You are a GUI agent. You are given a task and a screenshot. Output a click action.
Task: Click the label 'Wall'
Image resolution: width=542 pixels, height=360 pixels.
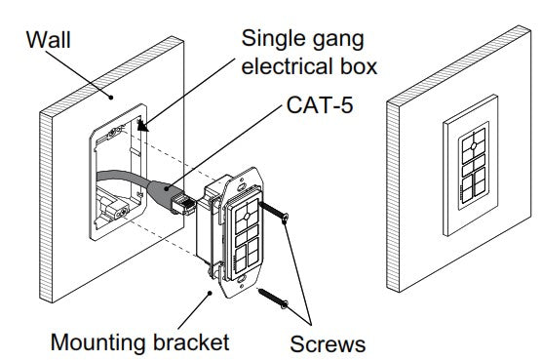(49, 40)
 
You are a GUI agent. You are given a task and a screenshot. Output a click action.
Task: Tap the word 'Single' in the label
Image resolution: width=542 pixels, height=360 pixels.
(268, 39)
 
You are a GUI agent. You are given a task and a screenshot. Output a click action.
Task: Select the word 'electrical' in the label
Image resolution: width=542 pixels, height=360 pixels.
(288, 65)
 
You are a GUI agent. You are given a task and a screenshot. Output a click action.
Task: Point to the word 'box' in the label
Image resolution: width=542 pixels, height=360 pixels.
(359, 65)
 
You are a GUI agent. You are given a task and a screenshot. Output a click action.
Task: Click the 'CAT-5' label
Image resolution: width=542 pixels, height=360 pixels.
(320, 104)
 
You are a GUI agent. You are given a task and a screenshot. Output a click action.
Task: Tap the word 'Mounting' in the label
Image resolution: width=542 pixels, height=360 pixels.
(98, 343)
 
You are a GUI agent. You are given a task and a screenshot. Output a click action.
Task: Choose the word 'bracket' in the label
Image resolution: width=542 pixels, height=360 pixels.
(191, 341)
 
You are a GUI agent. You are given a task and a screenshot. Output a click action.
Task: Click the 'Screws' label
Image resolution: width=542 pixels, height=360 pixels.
(328, 344)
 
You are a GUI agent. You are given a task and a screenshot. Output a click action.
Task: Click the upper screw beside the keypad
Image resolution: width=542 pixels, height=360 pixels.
(274, 212)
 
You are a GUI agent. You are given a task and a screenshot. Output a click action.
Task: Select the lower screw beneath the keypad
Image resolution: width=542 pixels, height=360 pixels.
(273, 299)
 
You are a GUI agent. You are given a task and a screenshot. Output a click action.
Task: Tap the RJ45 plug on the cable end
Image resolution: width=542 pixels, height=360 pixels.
(182, 204)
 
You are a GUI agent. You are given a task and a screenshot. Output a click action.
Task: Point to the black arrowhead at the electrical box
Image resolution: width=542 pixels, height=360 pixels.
(142, 126)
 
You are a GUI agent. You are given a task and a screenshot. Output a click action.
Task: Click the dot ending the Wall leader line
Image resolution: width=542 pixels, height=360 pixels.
(111, 98)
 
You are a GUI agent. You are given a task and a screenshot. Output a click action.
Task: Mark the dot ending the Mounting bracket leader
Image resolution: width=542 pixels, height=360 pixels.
(210, 293)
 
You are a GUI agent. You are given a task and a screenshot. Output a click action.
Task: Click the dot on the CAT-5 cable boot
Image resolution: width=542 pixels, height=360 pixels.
(167, 188)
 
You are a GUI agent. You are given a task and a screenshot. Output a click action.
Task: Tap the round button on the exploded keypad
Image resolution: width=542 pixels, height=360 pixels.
(247, 217)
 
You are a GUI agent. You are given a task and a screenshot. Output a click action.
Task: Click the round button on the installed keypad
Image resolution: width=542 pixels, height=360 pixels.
(474, 145)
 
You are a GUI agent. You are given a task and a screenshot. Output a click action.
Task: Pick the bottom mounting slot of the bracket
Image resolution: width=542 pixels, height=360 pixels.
(242, 278)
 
